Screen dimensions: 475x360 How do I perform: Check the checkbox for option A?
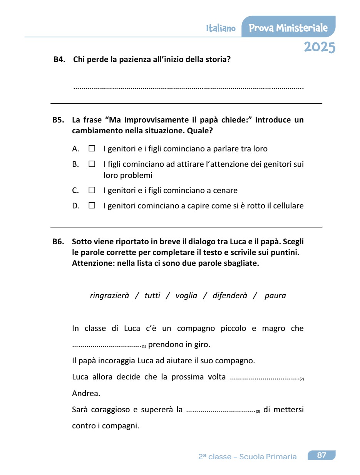pos(92,148)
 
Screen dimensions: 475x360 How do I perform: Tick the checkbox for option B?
pos(92,164)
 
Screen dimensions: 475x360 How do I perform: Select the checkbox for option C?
pos(92,190)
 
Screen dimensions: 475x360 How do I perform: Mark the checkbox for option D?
pos(92,205)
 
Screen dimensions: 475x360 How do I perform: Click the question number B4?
pos(59,59)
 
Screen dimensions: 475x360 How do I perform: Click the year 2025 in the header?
pos(319,47)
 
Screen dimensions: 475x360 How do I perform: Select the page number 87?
pos(321,455)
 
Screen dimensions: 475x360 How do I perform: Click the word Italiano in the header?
pos(221,29)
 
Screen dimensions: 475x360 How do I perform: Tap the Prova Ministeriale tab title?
pos(288,28)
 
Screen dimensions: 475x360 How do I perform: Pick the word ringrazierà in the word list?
pos(109,295)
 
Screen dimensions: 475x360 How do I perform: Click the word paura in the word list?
pos(275,295)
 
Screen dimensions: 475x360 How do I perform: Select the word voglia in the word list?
pos(186,295)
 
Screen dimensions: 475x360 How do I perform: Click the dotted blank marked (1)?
pos(107,346)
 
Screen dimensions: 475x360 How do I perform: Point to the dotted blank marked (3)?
pos(221,410)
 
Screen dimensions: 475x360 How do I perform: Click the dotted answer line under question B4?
pos(188,88)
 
